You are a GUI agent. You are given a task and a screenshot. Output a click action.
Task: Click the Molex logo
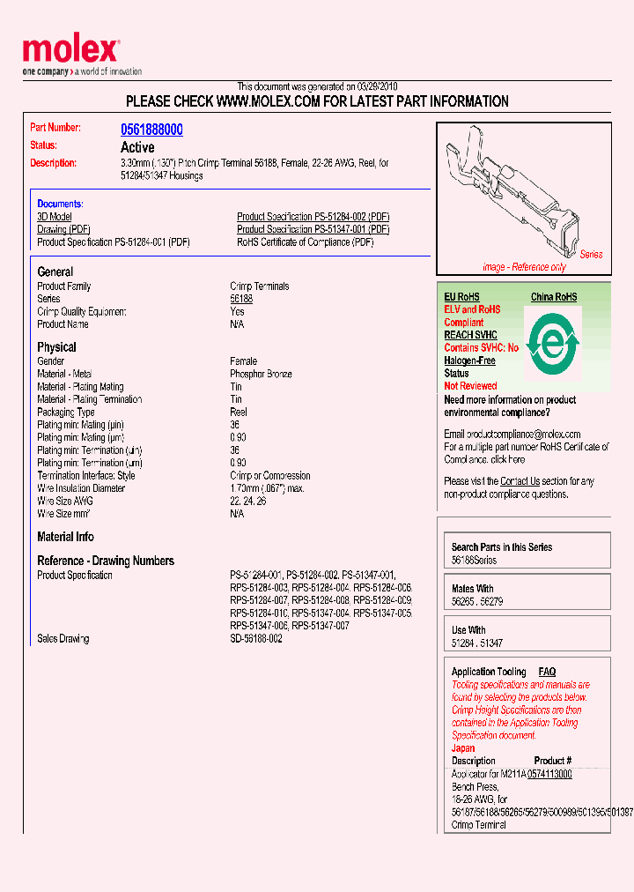click(70, 52)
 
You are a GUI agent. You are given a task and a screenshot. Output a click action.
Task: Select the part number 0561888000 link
click(151, 130)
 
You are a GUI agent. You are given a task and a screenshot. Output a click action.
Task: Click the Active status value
click(137, 147)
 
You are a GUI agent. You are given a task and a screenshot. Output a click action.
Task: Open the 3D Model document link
click(55, 217)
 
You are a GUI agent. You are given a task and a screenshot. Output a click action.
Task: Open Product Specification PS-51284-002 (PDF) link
click(313, 217)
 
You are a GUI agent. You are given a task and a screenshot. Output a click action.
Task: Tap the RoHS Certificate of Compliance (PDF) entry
click(305, 242)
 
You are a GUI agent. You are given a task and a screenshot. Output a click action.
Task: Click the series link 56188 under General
click(241, 299)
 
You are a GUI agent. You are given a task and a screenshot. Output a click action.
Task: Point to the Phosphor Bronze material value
click(261, 375)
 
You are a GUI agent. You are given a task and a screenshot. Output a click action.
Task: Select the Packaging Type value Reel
click(239, 413)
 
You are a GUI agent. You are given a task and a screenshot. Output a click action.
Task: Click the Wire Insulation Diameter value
click(267, 488)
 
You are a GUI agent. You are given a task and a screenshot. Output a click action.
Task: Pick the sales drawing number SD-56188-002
click(256, 639)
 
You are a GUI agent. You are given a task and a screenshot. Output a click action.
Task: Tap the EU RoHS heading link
click(461, 298)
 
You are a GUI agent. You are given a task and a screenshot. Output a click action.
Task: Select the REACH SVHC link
click(470, 335)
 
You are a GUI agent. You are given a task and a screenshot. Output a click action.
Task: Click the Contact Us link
click(520, 481)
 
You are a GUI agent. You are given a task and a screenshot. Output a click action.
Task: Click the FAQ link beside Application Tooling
click(547, 672)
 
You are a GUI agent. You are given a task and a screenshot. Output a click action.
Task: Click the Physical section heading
click(56, 347)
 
